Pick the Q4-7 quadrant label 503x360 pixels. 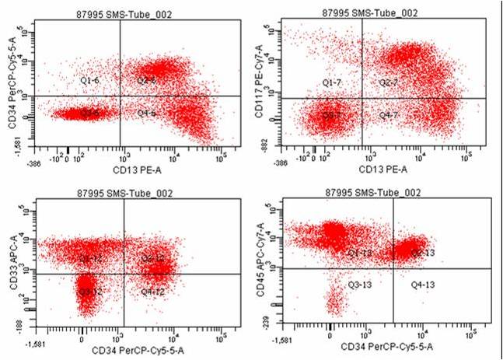point(389,115)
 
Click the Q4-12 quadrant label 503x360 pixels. point(153,291)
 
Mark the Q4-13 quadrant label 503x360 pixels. point(423,285)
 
